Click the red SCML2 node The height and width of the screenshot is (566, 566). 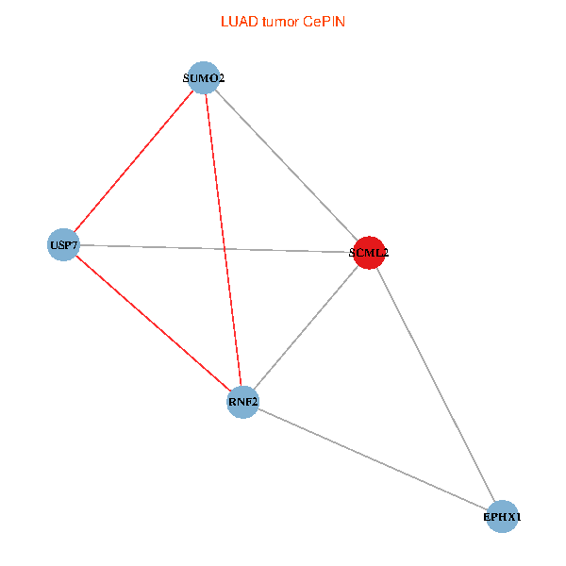tap(369, 252)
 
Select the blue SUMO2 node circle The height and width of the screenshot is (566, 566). tap(204, 77)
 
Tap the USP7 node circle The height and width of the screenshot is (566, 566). tap(63, 245)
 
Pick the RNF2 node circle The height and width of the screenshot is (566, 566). tap(243, 403)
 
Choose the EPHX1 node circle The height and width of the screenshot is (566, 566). tap(502, 517)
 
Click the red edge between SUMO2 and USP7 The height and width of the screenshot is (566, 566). tap(133, 161)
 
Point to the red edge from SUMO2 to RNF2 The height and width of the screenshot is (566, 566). tap(224, 240)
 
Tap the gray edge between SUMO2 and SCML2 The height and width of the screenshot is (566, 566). tap(286, 164)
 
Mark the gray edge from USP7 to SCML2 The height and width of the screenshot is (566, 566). tap(216, 249)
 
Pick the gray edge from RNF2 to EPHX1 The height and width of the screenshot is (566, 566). tap(373, 459)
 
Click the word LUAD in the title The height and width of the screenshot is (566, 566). tap(236, 21)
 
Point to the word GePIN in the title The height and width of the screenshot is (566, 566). tap(324, 21)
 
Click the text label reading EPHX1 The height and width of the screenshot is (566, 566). tap(502, 518)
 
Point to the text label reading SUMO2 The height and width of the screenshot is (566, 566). tap(204, 78)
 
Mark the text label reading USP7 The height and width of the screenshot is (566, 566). tap(63, 246)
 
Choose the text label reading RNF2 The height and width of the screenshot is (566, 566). tap(243, 404)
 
